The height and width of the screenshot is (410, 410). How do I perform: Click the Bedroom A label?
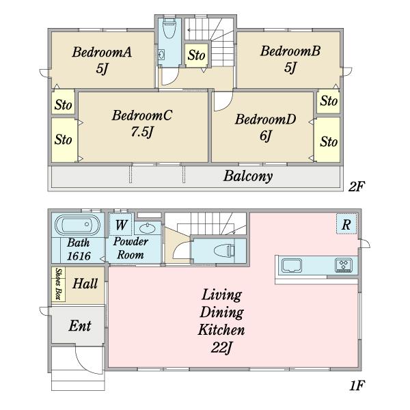[x=102, y=52]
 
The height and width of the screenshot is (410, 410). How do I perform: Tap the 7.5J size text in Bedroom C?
[x=142, y=131]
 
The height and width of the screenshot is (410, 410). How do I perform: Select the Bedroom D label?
[x=265, y=119]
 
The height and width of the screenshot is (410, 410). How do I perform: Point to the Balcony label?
[x=248, y=176]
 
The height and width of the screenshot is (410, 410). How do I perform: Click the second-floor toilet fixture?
[x=169, y=28]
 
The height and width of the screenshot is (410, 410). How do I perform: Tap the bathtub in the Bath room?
[x=78, y=225]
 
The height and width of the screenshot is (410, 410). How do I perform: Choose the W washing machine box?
[x=122, y=224]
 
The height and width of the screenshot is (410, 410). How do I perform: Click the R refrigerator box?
[x=346, y=224]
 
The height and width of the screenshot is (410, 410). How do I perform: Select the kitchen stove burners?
[x=344, y=265]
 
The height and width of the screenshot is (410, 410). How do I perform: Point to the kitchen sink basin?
[x=292, y=265]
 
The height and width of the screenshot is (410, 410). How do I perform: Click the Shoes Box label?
[x=58, y=284]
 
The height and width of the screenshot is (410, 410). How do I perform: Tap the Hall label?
[x=85, y=284]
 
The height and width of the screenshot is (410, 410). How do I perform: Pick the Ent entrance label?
[x=80, y=326]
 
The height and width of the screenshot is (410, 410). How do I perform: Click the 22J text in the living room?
[x=221, y=348]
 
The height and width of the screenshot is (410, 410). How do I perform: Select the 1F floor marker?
[x=357, y=385]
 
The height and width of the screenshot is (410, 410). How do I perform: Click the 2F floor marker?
[x=356, y=186]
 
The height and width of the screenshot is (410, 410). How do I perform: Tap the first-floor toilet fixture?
[x=224, y=251]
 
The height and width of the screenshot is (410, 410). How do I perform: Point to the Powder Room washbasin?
[x=148, y=228]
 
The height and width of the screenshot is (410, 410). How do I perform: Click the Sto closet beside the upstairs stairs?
[x=197, y=55]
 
